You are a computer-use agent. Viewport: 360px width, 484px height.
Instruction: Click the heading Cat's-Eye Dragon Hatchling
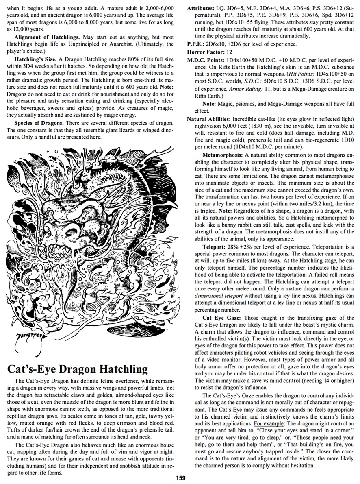[x=77, y=369]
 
